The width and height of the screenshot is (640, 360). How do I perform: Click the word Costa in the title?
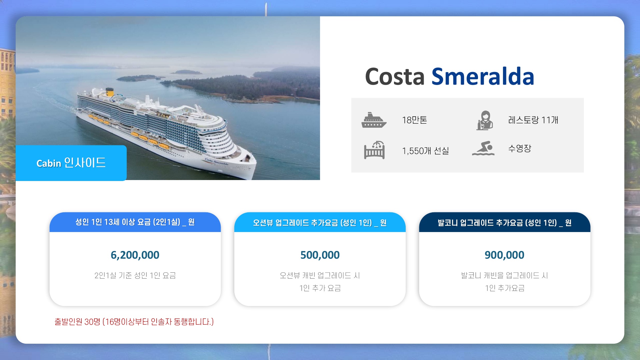click(x=395, y=77)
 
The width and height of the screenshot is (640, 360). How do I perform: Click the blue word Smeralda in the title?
click(x=483, y=77)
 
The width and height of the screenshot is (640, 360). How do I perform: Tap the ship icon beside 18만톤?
click(x=374, y=120)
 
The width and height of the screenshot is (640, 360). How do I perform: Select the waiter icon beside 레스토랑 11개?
click(x=485, y=120)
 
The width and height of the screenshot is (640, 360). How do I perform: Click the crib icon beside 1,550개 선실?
click(x=374, y=150)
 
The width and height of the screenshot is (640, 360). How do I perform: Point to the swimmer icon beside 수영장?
click(x=483, y=148)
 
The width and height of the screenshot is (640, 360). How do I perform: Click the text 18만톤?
click(x=415, y=120)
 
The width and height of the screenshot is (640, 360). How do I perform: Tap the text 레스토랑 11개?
click(x=533, y=120)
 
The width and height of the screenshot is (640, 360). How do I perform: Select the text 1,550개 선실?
click(x=426, y=151)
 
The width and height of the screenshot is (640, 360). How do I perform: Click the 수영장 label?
click(x=520, y=148)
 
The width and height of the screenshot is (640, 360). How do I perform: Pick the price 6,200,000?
click(x=135, y=255)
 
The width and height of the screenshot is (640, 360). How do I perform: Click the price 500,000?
click(x=320, y=255)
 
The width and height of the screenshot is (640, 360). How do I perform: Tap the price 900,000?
click(x=505, y=255)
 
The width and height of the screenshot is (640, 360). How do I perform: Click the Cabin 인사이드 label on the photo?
click(x=71, y=163)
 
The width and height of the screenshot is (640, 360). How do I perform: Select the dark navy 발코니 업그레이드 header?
click(x=505, y=222)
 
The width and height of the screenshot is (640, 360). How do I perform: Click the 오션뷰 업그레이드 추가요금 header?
click(x=320, y=222)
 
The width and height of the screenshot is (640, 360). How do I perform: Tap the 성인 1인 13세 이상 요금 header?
click(x=135, y=222)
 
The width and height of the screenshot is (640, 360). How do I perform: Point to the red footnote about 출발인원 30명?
click(x=134, y=322)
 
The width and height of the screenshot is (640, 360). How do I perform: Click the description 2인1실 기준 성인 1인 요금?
click(x=135, y=275)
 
